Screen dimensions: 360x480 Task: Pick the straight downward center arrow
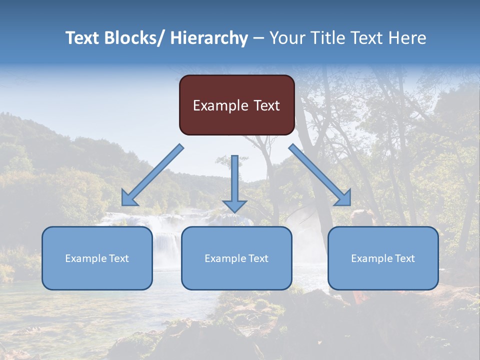(x=234, y=180)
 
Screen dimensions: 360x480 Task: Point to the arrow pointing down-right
(x=320, y=175)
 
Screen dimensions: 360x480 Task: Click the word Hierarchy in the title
(x=209, y=38)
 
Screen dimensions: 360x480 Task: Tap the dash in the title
(x=258, y=38)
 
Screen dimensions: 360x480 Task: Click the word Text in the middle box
(x=257, y=258)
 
